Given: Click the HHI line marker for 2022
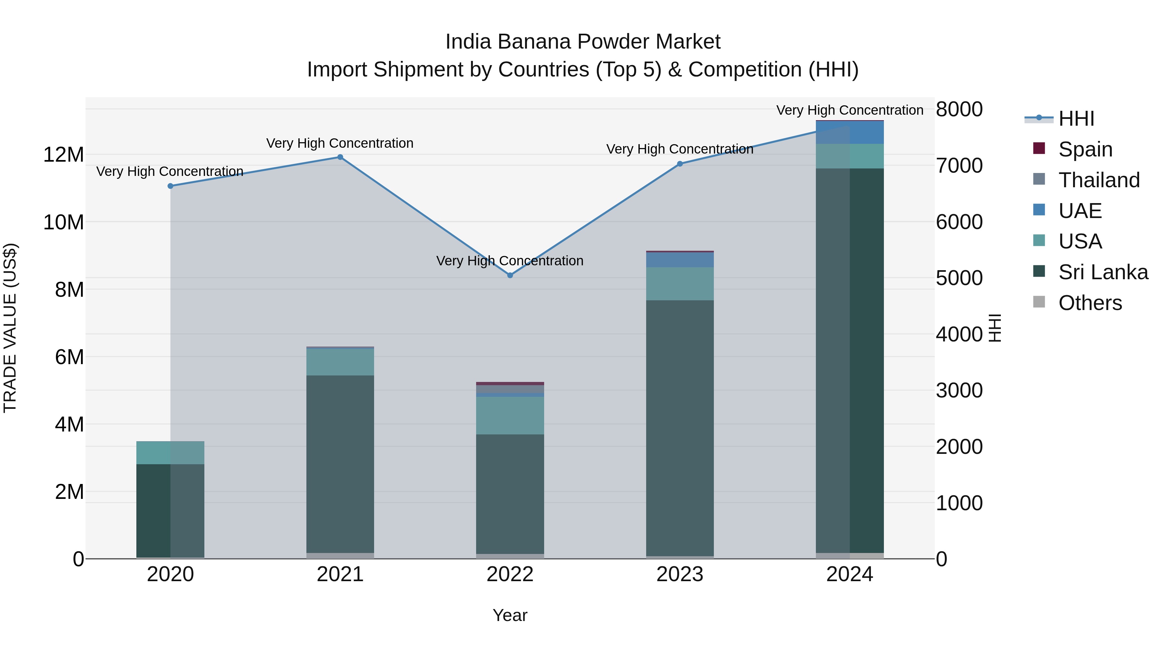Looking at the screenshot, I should pyautogui.click(x=510, y=275).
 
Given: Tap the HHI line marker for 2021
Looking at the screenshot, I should pyautogui.click(x=340, y=157).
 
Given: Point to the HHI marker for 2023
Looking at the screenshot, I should pyautogui.click(x=680, y=164).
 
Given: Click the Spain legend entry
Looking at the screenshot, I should pyautogui.click(x=1085, y=149).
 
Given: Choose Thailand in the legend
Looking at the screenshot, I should pyautogui.click(x=1099, y=180).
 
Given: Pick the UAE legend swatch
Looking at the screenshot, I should pyautogui.click(x=1039, y=210).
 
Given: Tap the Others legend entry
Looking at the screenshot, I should pyautogui.click(x=1090, y=303).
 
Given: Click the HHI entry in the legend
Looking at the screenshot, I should pyautogui.click(x=1076, y=119).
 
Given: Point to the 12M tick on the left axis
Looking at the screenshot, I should pyautogui.click(x=63, y=155).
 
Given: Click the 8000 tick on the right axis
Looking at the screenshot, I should pyautogui.click(x=959, y=109).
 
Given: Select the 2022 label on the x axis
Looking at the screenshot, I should pyautogui.click(x=510, y=574).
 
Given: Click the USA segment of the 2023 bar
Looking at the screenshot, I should pyautogui.click(x=680, y=284).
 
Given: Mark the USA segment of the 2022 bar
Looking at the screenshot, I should pyautogui.click(x=510, y=416).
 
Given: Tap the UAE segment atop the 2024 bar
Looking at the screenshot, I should pyautogui.click(x=850, y=132).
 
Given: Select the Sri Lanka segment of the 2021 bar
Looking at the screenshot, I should pyautogui.click(x=340, y=464).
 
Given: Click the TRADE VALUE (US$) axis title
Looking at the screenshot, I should pyautogui.click(x=10, y=328).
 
